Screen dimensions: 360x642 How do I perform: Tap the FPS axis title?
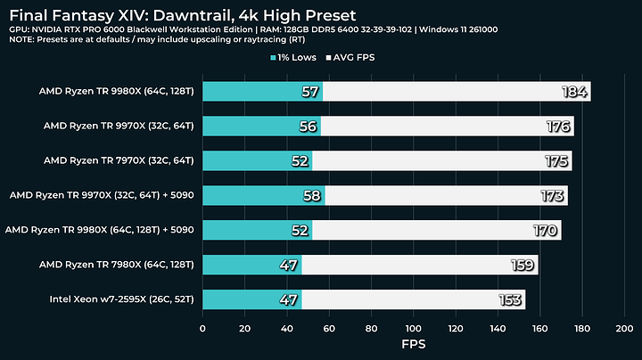click(413, 345)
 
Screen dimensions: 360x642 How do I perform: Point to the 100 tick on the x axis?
click(413, 329)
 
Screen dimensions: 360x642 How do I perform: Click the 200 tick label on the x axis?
click(623, 329)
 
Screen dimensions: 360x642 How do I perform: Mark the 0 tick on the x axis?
click(203, 329)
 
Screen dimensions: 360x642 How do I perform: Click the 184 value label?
click(574, 92)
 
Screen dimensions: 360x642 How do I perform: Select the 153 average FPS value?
click(510, 299)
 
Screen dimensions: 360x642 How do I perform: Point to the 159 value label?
click(523, 265)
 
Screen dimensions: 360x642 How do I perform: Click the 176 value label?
click(558, 127)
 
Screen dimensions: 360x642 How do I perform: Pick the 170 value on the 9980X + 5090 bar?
click(546, 230)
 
